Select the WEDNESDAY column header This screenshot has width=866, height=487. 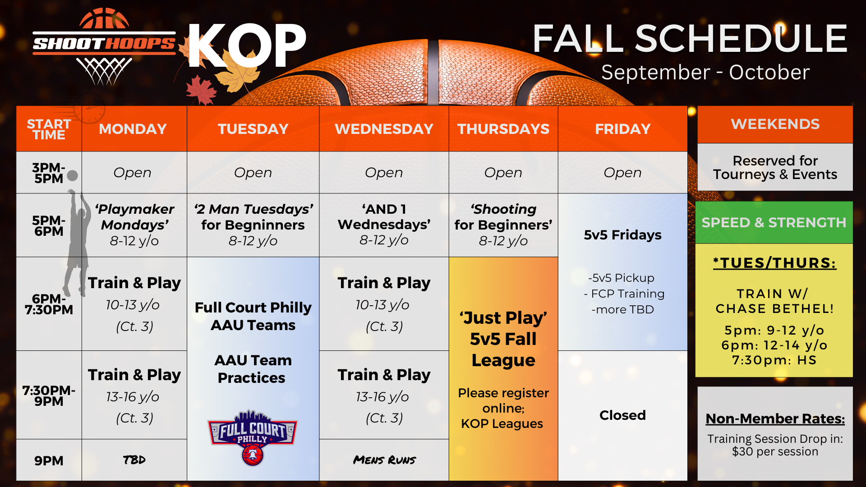(x=384, y=129)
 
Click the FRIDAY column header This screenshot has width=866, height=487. (x=622, y=129)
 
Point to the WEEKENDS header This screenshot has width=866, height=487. (x=775, y=124)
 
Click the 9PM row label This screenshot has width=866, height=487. (x=49, y=460)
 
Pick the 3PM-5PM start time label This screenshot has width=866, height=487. (x=49, y=173)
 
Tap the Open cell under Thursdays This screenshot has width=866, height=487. (x=503, y=173)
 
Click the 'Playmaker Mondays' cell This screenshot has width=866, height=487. (x=134, y=225)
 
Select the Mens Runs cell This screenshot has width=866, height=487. (x=384, y=460)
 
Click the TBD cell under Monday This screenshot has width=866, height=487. (x=134, y=460)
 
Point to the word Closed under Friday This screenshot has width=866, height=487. (x=622, y=415)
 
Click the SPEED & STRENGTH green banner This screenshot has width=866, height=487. (x=774, y=222)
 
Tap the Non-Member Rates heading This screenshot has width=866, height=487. (x=775, y=418)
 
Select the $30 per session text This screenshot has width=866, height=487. (x=775, y=451)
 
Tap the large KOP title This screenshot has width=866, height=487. (x=247, y=45)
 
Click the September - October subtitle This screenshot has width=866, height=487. (x=705, y=73)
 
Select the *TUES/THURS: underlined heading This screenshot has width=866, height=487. (x=774, y=263)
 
